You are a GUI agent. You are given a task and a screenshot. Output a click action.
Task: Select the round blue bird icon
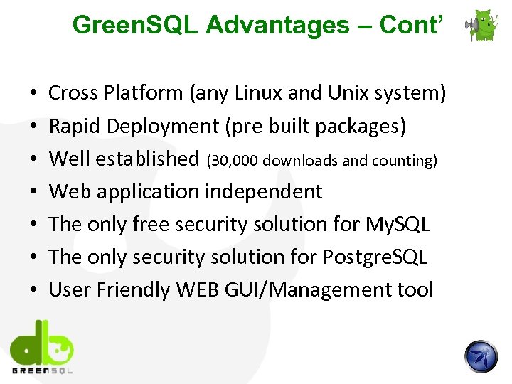tap(481, 356)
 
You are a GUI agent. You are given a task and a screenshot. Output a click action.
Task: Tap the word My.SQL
tap(398, 224)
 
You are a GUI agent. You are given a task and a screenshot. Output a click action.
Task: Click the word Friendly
tap(137, 289)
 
